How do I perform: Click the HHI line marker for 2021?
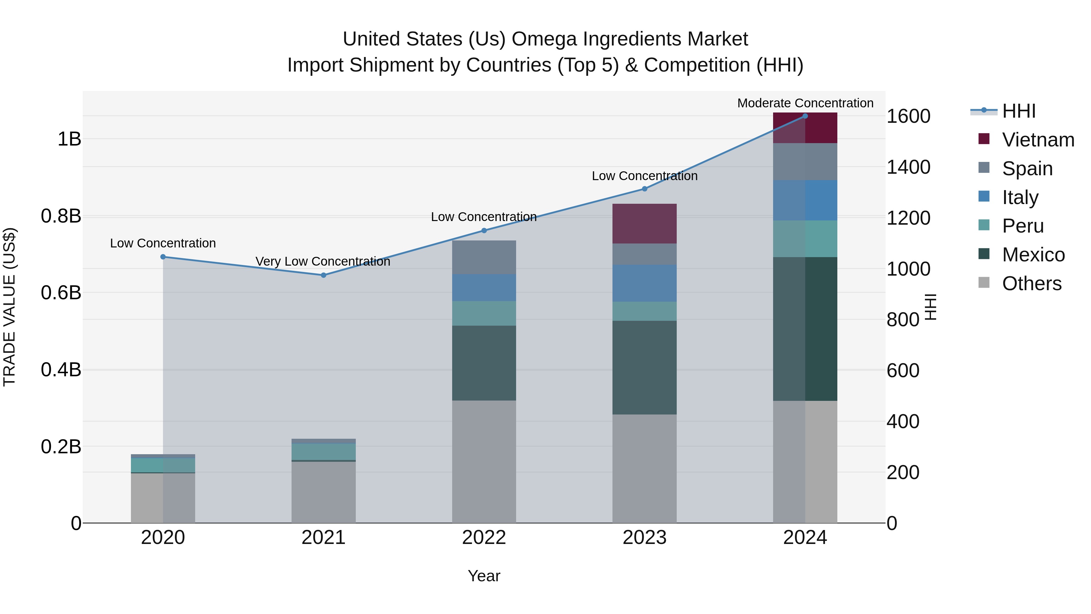click(x=324, y=275)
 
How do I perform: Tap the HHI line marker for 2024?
click(x=805, y=116)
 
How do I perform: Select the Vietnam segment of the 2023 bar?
click(x=644, y=224)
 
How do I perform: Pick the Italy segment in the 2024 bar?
click(x=805, y=200)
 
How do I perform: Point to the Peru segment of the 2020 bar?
click(x=163, y=465)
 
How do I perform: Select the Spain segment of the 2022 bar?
click(x=484, y=257)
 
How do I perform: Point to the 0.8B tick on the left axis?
click(x=61, y=216)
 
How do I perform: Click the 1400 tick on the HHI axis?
click(x=909, y=167)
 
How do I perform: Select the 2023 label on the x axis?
click(x=644, y=538)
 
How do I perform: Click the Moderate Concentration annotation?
click(x=805, y=103)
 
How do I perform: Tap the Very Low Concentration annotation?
click(x=323, y=261)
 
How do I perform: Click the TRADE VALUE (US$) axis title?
click(x=9, y=307)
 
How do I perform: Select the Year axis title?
click(x=484, y=576)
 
